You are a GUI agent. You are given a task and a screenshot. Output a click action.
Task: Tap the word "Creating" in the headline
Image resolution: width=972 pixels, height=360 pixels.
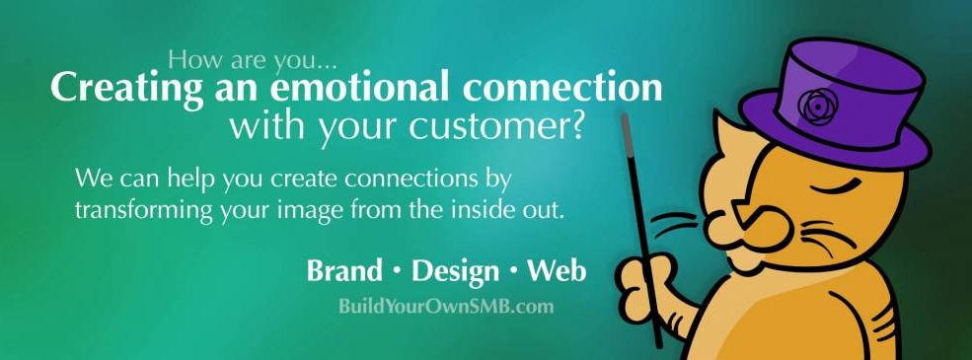coord(126,89)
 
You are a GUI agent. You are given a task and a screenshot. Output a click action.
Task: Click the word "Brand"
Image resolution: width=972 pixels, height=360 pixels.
coord(344,271)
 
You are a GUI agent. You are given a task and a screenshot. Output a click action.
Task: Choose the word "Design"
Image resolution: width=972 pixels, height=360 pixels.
coord(455,272)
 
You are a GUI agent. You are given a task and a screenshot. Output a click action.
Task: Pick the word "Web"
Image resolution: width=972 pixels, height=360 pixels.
coord(557,271)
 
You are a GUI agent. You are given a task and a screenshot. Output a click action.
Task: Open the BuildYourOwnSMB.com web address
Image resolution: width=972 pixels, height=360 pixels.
coord(446,306)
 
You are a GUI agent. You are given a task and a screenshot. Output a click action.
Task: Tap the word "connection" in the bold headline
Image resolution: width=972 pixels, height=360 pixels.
coord(562,88)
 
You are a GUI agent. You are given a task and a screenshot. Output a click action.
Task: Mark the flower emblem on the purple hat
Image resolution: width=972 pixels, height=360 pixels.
coord(818,106)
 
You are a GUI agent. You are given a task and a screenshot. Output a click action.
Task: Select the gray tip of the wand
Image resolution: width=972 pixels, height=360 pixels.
coord(626,131)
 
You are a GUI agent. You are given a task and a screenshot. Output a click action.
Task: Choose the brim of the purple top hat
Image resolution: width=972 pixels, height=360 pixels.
coord(836,139)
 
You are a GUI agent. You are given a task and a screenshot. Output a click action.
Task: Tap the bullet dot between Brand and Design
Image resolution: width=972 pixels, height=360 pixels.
coord(398,273)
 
